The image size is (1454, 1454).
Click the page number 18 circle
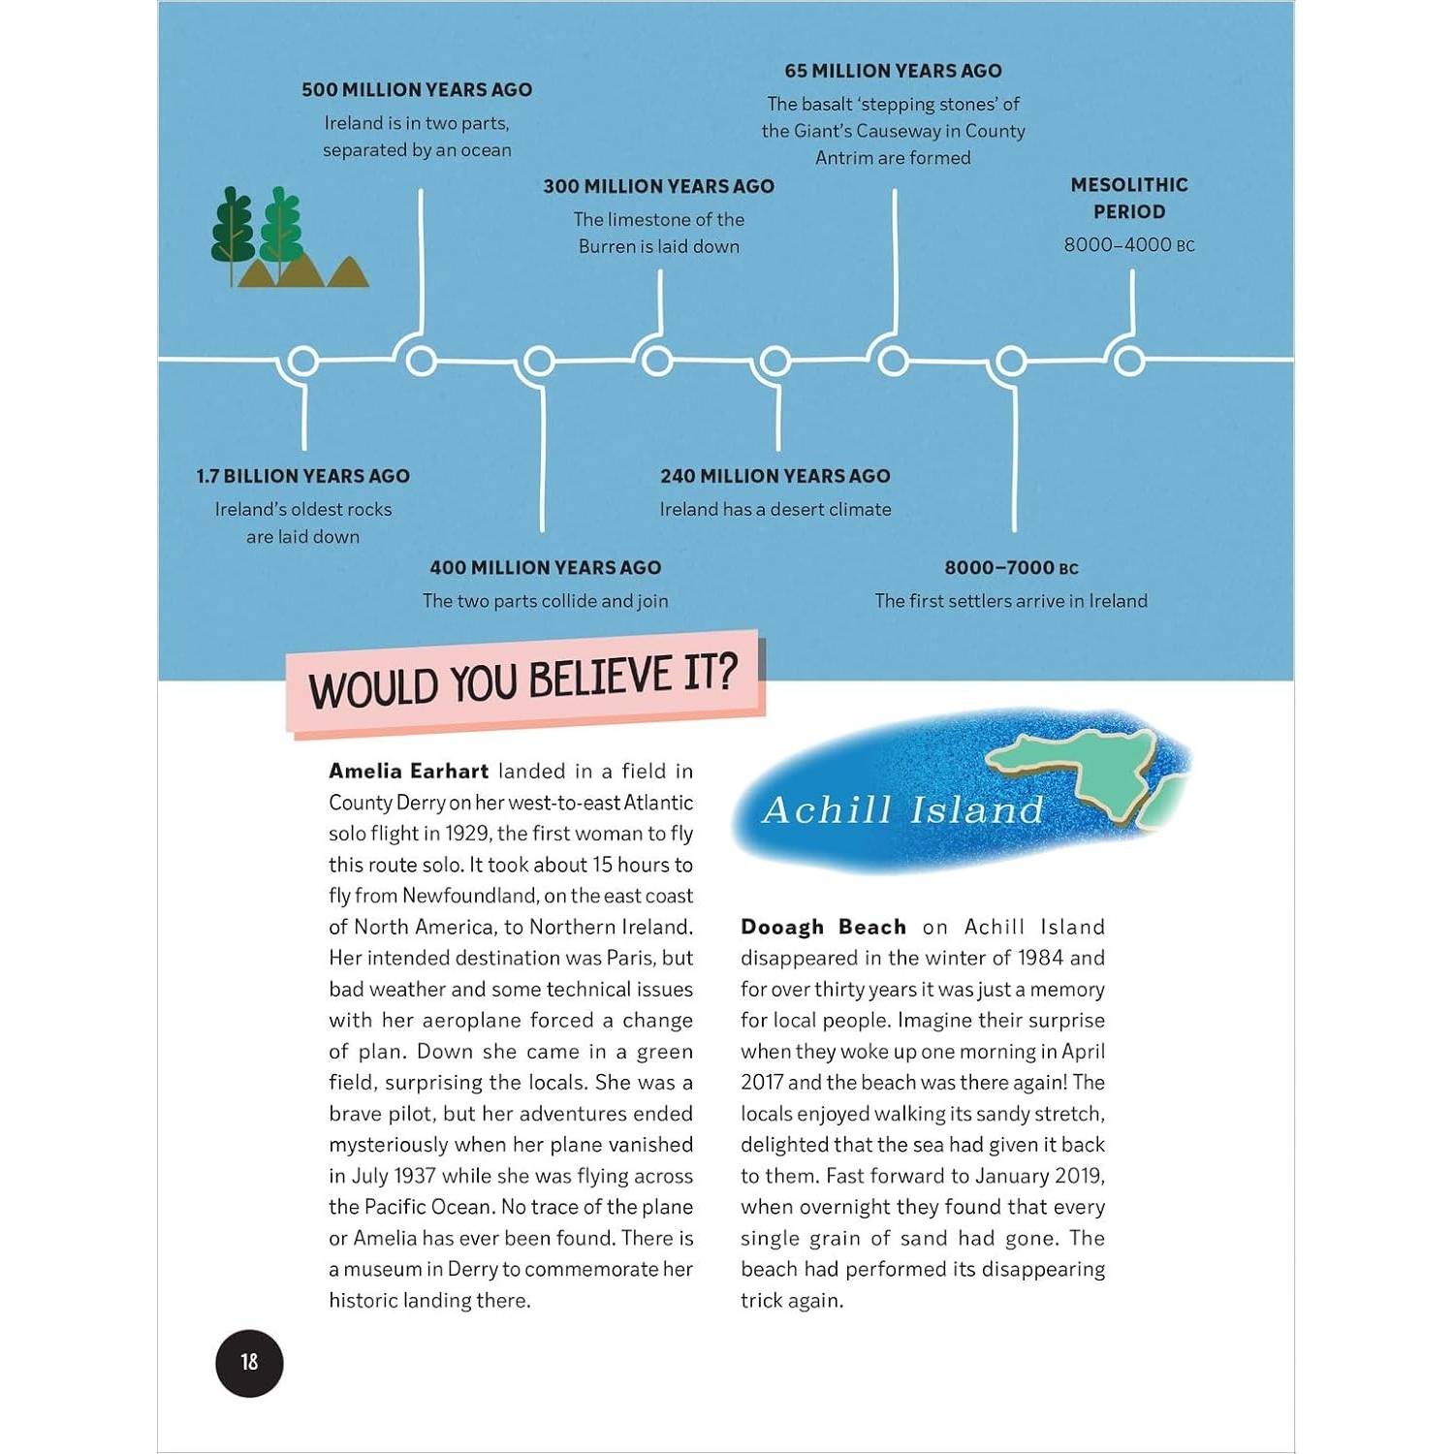249,1363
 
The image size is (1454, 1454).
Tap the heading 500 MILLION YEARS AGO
417,90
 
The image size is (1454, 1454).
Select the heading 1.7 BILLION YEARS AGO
303,476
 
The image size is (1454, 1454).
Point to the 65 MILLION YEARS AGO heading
893,71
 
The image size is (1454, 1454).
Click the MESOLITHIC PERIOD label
1129,198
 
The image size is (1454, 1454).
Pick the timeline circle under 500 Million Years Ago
421,361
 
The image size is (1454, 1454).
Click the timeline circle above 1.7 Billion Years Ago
303,361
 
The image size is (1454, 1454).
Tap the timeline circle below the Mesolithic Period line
1128,361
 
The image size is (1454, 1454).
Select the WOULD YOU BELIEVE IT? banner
524,681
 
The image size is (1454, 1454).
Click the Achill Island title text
902,809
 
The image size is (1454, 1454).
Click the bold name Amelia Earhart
408,772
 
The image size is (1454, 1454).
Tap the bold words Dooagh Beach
823,927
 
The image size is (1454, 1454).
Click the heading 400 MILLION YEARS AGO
546,568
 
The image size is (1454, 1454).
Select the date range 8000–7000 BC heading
1011,568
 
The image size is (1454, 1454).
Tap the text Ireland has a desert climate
775,509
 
